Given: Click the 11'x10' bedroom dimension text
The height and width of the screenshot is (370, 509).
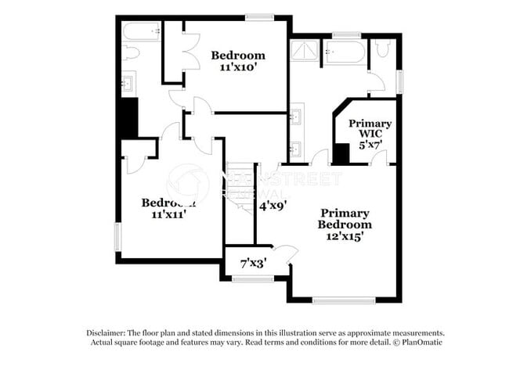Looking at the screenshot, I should point(238,68).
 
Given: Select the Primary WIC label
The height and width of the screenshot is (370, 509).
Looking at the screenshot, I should point(370,129).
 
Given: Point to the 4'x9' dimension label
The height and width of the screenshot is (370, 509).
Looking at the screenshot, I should point(273,206).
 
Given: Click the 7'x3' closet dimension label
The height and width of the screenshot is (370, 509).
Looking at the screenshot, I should point(253,263).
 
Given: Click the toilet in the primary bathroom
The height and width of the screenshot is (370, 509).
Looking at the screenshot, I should point(382,49).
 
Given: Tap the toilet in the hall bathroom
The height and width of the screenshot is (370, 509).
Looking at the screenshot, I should point(131,52).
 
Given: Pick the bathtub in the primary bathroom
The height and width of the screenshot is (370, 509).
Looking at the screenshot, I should point(345,52).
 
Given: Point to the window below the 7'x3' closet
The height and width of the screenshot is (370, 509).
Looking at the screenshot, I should point(253,279).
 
